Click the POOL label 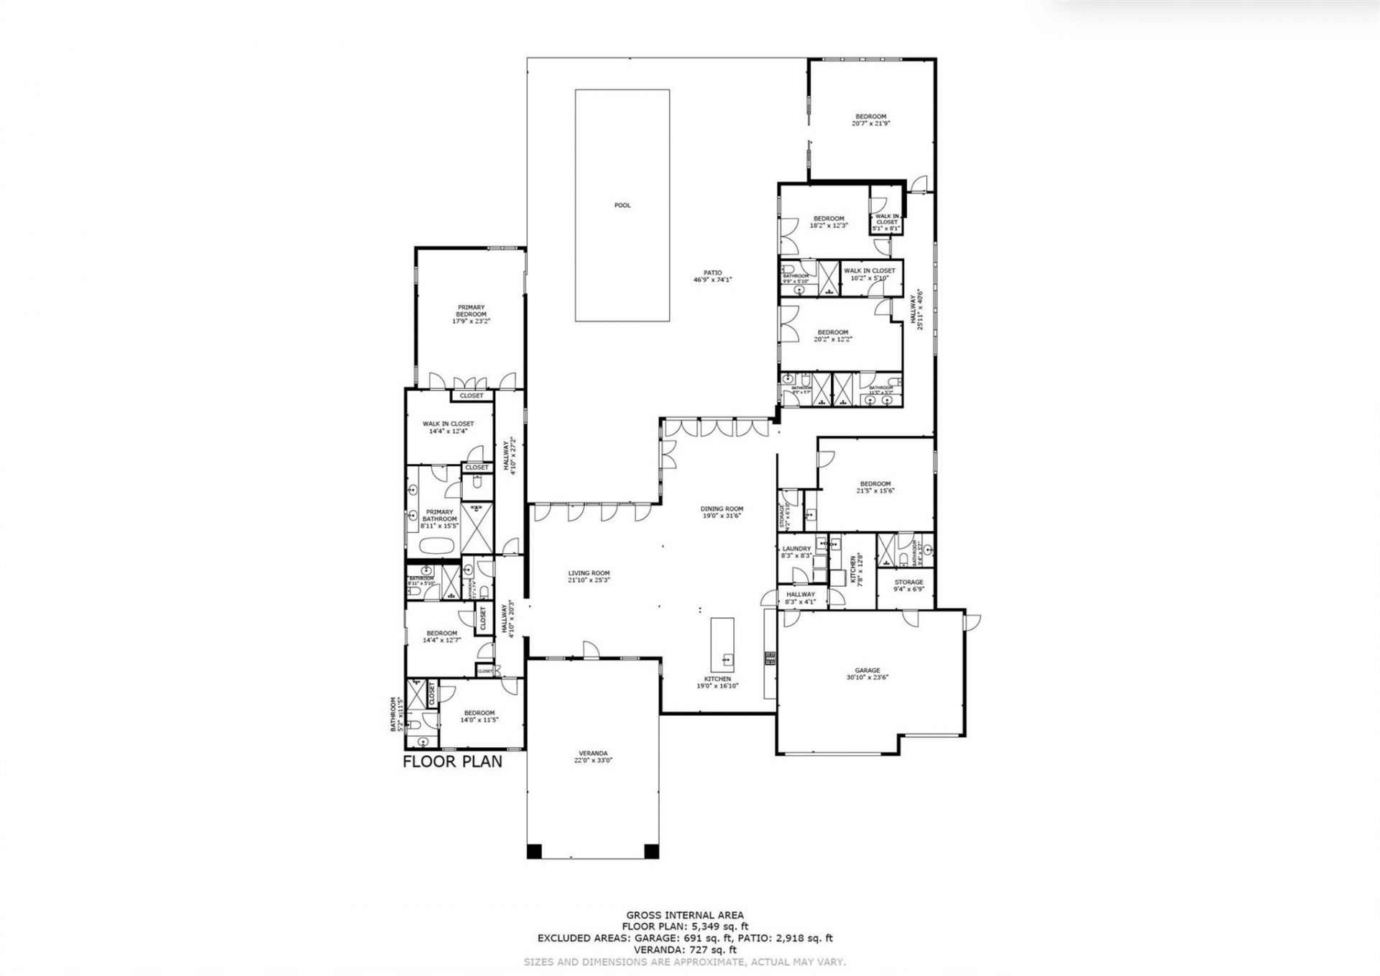622,206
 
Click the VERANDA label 593,754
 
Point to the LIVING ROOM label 589,573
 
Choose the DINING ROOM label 722,509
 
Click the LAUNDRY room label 796,549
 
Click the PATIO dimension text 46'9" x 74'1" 712,280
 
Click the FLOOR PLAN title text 452,761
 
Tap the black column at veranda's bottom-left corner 533,852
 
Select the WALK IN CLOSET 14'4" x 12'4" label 448,424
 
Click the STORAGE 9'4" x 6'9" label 908,582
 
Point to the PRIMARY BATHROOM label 439,515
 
